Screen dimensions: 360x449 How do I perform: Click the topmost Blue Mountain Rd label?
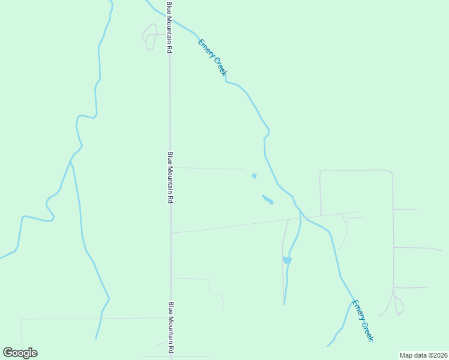point(170,28)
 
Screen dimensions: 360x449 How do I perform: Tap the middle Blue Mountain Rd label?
point(170,177)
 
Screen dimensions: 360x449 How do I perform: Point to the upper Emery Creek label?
point(212,57)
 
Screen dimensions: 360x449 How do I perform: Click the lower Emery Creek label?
point(363,320)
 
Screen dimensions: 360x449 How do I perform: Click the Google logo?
point(20,353)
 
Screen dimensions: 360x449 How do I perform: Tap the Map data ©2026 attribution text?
point(423,355)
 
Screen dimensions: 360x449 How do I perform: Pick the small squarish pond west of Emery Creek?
point(254,176)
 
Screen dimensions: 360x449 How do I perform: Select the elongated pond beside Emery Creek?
point(268,199)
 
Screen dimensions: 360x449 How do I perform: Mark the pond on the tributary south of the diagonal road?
point(287,260)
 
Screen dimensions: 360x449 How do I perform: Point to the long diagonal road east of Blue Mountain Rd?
point(240,225)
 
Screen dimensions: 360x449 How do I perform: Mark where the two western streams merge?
point(71,161)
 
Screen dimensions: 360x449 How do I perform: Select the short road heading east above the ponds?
point(207,169)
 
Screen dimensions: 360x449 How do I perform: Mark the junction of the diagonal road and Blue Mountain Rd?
point(172,233)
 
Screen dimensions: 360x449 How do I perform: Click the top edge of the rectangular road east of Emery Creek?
point(355,170)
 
